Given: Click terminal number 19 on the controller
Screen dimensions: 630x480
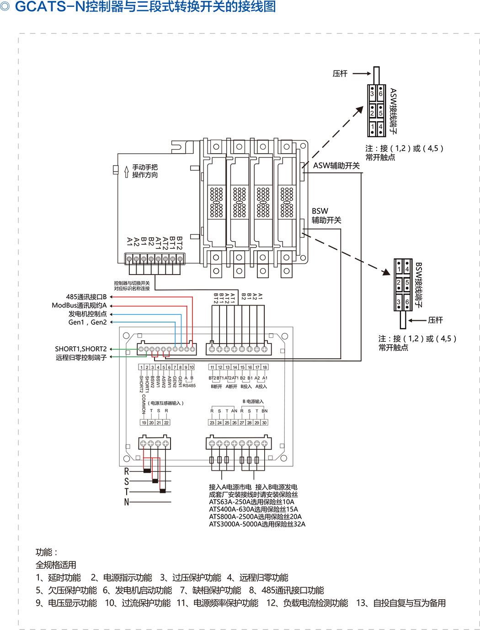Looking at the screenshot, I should [144, 423].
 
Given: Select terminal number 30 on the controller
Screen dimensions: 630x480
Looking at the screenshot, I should [264, 423].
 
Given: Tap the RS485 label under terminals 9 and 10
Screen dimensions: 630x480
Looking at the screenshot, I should [189, 386].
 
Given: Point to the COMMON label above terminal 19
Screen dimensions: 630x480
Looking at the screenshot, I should [144, 404].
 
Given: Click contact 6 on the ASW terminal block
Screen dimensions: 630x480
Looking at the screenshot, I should [380, 94].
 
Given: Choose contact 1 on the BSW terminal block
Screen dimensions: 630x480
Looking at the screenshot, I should [399, 269].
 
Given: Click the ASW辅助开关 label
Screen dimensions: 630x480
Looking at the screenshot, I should [336, 166].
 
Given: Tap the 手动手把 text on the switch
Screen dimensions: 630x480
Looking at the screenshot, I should [145, 167].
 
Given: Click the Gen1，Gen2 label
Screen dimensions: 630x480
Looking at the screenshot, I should [87, 322].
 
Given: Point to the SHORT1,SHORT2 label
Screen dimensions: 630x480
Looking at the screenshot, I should [80, 349].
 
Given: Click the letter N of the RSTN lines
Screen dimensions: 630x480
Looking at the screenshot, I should [127, 502].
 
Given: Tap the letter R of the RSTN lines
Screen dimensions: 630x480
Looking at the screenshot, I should [127, 471].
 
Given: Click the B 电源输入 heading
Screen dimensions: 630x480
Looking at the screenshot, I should [253, 402].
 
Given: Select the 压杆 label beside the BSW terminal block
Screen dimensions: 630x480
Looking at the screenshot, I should [435, 320].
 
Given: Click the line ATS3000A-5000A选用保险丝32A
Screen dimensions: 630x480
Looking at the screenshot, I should [257, 524].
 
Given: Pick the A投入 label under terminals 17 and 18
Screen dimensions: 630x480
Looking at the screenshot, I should [261, 387].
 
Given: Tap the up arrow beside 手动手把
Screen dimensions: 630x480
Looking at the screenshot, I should [127, 172].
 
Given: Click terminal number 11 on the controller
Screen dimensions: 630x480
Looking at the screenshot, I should [212, 367].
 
